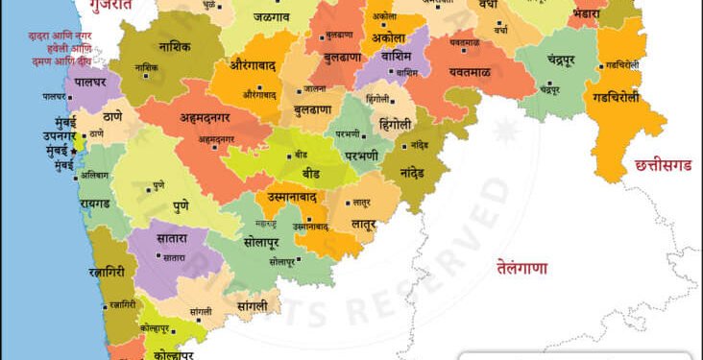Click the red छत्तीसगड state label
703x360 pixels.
pos(664,166)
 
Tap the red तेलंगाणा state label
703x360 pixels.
pos(521,268)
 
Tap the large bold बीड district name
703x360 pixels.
pos(311,175)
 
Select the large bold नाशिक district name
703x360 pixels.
pos(174,45)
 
